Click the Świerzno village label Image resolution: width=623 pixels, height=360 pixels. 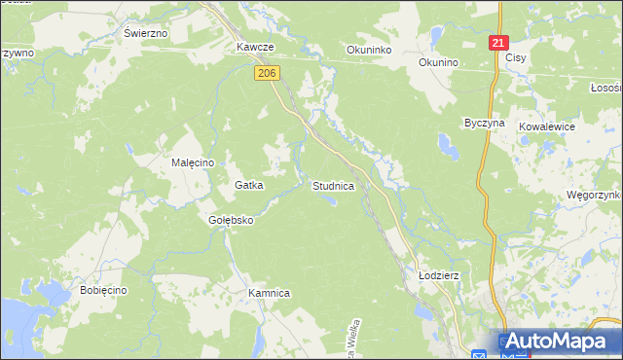(x=146, y=32)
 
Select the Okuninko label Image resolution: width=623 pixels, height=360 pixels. (x=369, y=48)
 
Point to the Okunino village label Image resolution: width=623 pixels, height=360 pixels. (x=437, y=63)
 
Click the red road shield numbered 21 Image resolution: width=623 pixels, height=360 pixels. (x=498, y=44)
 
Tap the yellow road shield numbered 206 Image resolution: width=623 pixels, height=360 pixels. (x=269, y=73)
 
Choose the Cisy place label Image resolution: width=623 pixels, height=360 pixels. (x=516, y=57)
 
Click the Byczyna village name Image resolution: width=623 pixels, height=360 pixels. (x=484, y=124)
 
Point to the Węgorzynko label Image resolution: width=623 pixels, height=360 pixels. (x=593, y=195)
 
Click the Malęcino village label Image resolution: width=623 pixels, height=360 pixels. (x=193, y=162)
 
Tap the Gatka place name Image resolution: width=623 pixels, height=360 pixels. (x=250, y=184)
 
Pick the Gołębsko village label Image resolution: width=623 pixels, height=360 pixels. (x=231, y=220)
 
